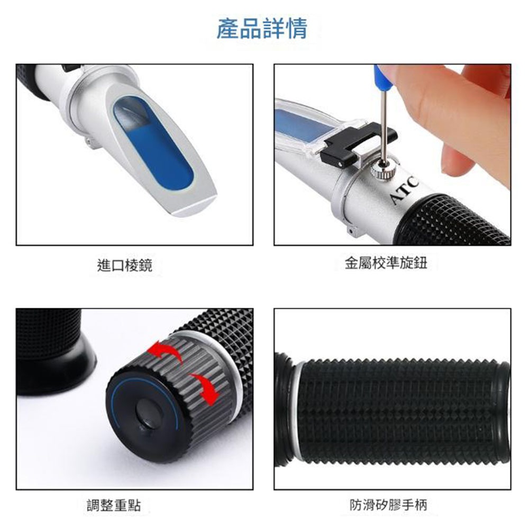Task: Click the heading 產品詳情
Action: [x=262, y=29]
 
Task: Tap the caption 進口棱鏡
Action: [x=124, y=265]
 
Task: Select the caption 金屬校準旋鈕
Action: [x=386, y=263]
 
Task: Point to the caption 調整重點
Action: [x=114, y=505]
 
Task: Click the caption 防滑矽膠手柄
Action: [x=388, y=505]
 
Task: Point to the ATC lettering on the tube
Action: [x=405, y=191]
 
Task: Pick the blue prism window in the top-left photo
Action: [x=153, y=142]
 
